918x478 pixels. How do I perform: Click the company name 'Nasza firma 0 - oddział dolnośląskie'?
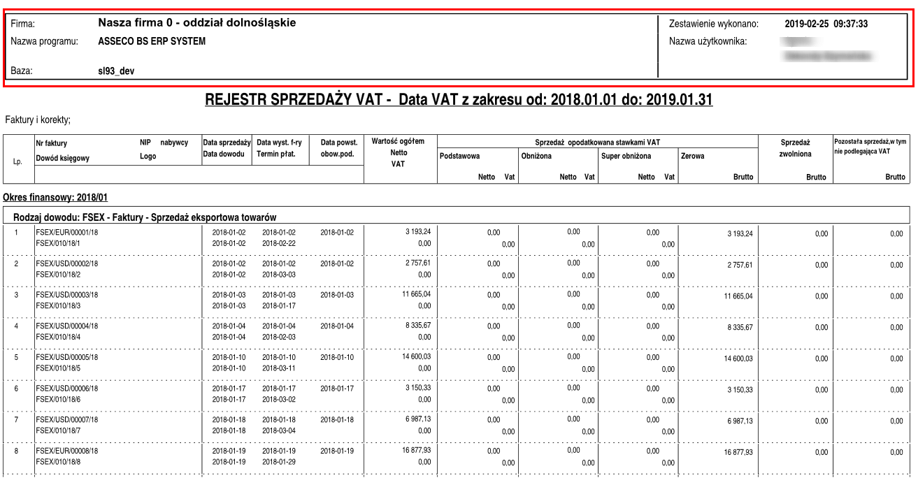tap(197, 23)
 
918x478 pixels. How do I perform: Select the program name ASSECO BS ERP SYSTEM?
tap(152, 41)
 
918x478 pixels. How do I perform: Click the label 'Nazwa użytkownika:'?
tap(708, 41)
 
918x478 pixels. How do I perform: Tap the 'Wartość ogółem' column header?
tap(398, 142)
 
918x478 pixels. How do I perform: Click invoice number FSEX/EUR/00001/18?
tap(68, 232)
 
